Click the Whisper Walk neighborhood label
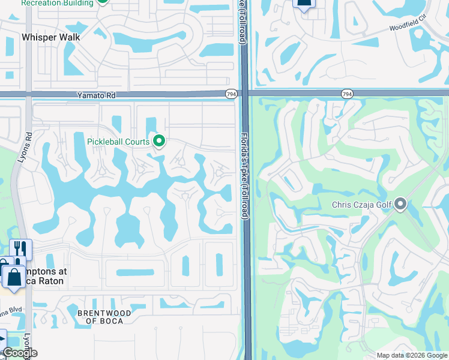pos(51,37)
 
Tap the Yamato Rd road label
pos(95,95)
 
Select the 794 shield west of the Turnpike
pos(231,94)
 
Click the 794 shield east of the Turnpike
pos(347,94)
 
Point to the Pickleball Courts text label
pos(118,142)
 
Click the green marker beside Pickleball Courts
pos(159,141)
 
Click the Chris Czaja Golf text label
pos(362,205)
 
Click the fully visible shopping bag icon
pos(12,278)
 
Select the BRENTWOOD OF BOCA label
pos(101,317)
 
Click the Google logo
pos(19,353)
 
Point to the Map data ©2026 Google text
pos(411,355)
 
